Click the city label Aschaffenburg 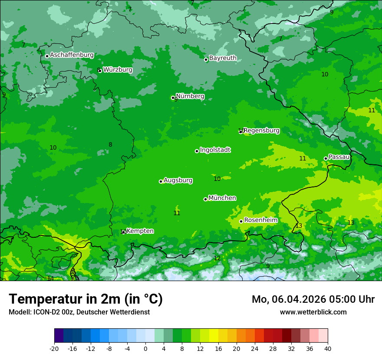(72, 55)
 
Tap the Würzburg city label (118, 70)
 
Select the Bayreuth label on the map (223, 58)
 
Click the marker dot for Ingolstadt (197, 151)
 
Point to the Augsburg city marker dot (161, 181)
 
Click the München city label (222, 198)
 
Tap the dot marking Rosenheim (241, 221)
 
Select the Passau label (339, 157)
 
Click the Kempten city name (140, 231)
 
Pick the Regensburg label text (261, 131)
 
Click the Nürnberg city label (190, 96)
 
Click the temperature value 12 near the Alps (217, 259)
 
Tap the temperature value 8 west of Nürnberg (110, 145)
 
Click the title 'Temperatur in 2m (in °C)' (86, 299)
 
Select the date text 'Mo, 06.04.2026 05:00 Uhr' (313, 299)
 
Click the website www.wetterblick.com (313, 312)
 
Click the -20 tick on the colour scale (54, 349)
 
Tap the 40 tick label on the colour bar (328, 349)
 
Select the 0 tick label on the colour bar (145, 349)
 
